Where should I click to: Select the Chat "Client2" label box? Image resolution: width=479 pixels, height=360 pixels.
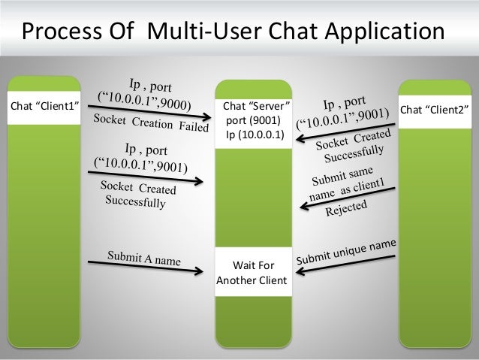[x=435, y=110]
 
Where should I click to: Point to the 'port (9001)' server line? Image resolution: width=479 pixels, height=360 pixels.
[x=252, y=122]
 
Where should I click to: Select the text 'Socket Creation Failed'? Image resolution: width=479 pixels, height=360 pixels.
[x=149, y=122]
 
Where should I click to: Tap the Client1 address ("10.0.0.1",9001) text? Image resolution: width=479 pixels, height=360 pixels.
[x=140, y=162]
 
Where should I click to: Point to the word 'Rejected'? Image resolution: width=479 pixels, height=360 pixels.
[x=346, y=207]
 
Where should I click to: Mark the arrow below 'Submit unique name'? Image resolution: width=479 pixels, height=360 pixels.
[x=348, y=264]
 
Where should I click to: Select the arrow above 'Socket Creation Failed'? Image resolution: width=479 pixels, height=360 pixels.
[x=150, y=111]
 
